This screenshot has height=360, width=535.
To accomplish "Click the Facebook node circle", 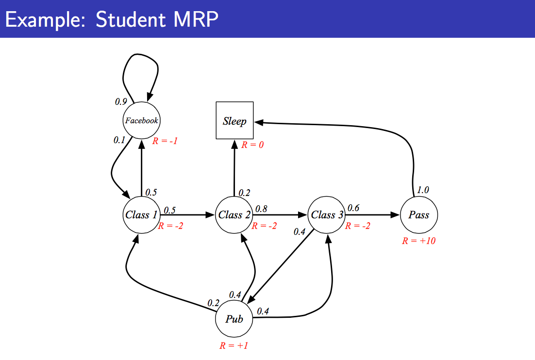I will tap(141, 121).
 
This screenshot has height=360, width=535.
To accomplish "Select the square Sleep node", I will tap(234, 121).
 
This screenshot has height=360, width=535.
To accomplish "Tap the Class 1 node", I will tap(141, 215).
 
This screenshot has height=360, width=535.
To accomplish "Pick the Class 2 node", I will tap(234, 215).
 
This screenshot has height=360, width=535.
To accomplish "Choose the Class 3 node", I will tap(327, 215).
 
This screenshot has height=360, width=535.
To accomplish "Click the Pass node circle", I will tap(418, 215).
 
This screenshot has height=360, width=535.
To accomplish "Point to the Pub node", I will tap(234, 319).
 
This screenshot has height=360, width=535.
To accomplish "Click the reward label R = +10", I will tap(418, 241).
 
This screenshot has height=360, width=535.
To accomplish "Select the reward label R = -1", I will tap(166, 141).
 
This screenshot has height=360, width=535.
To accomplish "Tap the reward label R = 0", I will tap(252, 145).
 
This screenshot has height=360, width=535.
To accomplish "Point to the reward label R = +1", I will tap(234, 346).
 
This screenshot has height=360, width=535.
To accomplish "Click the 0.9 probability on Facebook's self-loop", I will tap(121, 102).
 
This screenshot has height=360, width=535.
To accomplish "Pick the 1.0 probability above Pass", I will tap(423, 190).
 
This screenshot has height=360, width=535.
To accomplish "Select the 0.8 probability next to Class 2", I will tap(261, 209).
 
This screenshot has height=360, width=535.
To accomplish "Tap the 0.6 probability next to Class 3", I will tap(353, 208).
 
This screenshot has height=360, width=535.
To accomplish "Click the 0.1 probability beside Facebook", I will tap(119, 140).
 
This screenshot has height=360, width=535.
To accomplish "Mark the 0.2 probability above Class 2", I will tap(244, 193).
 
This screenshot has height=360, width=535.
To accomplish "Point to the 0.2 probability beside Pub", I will tap(214, 303).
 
